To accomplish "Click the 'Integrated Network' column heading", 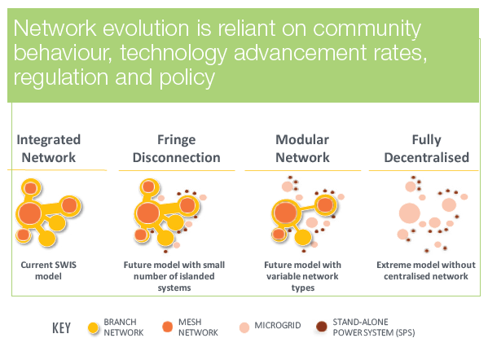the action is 49,148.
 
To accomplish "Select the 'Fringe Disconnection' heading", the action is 177,148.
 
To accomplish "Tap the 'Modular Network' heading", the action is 302,148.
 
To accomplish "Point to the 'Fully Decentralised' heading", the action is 426,148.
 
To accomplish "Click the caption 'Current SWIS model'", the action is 49,270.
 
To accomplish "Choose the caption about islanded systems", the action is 174,276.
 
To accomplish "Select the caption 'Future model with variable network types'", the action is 302,276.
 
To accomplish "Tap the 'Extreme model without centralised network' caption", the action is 426,270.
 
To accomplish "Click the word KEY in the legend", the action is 61,328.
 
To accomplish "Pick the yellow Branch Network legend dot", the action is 93,327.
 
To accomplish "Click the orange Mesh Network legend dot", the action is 168,327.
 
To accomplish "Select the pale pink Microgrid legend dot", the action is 244,327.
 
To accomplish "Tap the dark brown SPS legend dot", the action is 322,327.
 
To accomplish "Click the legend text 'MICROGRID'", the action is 278,326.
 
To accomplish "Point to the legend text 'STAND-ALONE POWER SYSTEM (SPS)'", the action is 374,327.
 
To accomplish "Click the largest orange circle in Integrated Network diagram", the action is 30,213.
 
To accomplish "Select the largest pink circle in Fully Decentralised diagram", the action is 410,213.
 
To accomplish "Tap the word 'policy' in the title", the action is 187,78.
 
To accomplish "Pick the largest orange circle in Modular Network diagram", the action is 285,213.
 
